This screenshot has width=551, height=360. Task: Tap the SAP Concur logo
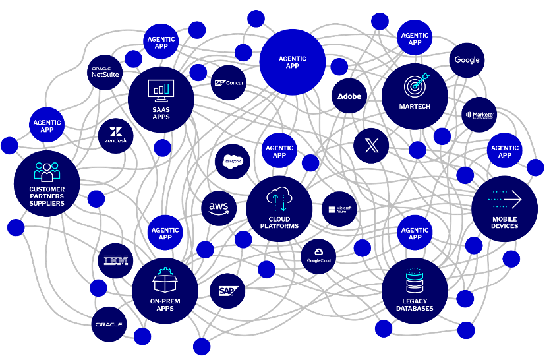pyautogui.click(x=229, y=82)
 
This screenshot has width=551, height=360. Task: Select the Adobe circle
pyautogui.click(x=349, y=96)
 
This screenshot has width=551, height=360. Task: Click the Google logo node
pyautogui.click(x=467, y=60)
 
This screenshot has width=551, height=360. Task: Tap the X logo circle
pyautogui.click(x=371, y=145)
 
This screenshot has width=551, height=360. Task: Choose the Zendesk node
pyautogui.click(x=116, y=136)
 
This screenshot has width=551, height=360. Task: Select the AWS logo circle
pyautogui.click(x=219, y=208)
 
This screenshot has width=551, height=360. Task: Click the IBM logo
pyautogui.click(x=116, y=260)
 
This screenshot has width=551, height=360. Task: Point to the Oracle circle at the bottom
pyautogui.click(x=109, y=324)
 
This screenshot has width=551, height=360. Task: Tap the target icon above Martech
pyautogui.click(x=416, y=84)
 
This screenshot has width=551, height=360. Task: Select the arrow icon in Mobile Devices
pyautogui.click(x=506, y=199)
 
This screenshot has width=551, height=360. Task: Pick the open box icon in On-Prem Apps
pyautogui.click(x=165, y=282)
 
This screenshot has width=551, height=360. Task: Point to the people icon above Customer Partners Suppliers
pyautogui.click(x=47, y=171)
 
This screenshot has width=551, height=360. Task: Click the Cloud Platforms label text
pyautogui.click(x=279, y=223)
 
